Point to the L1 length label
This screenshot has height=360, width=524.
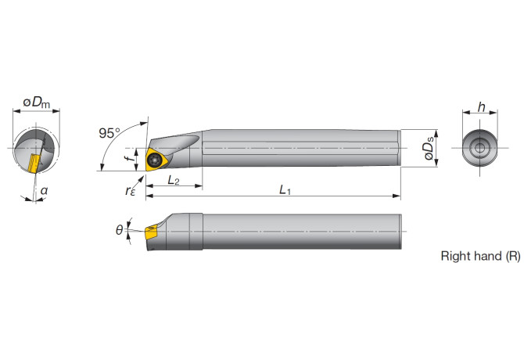285,190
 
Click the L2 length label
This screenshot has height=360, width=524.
174,180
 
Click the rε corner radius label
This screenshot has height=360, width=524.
128,190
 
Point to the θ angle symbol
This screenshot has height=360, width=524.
120,229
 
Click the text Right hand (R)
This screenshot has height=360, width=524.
480,256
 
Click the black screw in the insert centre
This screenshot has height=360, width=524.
156,160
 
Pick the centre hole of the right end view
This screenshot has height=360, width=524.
479,147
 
